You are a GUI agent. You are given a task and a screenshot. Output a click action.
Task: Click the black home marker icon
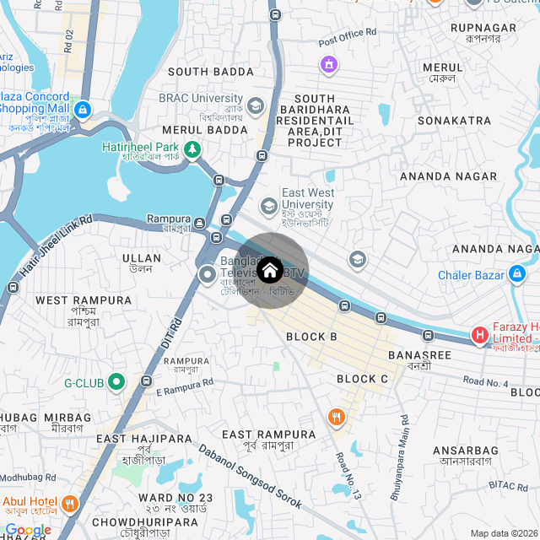269,271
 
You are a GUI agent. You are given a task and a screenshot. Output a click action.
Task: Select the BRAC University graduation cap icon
256,105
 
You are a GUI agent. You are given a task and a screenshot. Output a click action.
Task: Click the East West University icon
268,206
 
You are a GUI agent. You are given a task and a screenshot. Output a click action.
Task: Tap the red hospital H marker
480,336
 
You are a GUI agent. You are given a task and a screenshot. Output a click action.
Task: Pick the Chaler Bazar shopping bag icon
517,275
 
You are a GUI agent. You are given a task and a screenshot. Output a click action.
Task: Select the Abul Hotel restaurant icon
69,504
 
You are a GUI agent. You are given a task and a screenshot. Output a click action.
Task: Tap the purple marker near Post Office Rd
328,63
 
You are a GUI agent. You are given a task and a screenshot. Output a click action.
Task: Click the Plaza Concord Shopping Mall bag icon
82,109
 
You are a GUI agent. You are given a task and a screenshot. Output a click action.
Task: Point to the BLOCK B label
311,337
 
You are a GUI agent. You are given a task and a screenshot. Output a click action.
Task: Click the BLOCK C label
362,379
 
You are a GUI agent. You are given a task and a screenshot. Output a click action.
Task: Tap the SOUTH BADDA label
210,72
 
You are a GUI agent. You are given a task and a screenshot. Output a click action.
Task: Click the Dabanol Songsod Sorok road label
251,478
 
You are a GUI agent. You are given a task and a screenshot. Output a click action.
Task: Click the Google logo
27,530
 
